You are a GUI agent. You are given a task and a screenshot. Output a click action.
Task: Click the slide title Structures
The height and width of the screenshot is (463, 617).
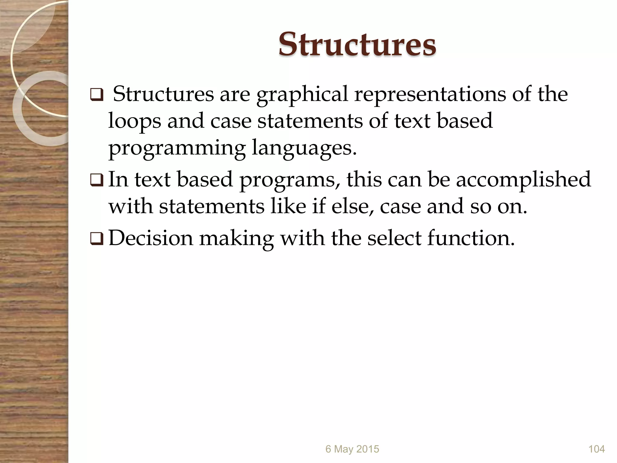(x=357, y=45)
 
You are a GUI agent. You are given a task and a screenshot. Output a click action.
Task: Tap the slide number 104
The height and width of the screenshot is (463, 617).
(x=597, y=449)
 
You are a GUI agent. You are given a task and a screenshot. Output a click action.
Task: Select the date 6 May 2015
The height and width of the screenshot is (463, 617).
(x=352, y=449)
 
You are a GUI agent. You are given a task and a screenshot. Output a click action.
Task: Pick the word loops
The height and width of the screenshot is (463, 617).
(x=134, y=121)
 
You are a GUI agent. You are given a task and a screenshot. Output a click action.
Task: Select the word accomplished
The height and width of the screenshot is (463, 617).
(x=523, y=179)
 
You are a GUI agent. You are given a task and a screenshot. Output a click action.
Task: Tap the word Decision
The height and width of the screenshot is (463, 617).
(x=151, y=238)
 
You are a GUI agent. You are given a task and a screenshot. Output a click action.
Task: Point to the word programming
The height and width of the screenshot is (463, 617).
(x=177, y=148)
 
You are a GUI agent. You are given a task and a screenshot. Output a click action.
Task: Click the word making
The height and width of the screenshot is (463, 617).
(x=236, y=238)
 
